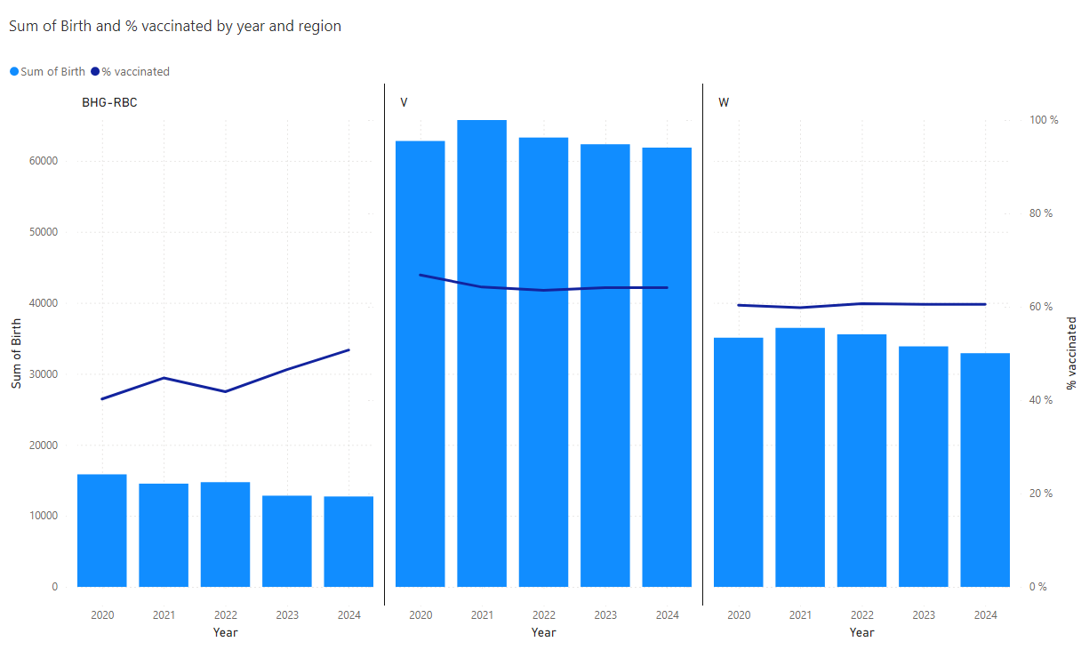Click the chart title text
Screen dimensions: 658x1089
[x=175, y=27]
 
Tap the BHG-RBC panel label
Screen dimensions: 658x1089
[x=109, y=102]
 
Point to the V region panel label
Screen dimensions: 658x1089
[x=404, y=102]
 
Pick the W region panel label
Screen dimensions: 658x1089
[x=724, y=102]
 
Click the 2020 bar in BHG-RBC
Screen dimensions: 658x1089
[x=102, y=530]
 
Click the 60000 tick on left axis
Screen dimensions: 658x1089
[x=43, y=161]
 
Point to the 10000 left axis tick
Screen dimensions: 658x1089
[x=43, y=516]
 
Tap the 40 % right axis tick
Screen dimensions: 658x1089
[x=1041, y=400]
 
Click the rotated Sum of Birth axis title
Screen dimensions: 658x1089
[x=16, y=353]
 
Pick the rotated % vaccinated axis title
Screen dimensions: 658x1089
[x=1071, y=353]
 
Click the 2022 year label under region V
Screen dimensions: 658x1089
[x=544, y=615]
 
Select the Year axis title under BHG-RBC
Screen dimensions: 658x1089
[x=226, y=632]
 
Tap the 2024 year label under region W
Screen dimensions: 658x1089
[x=985, y=615]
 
